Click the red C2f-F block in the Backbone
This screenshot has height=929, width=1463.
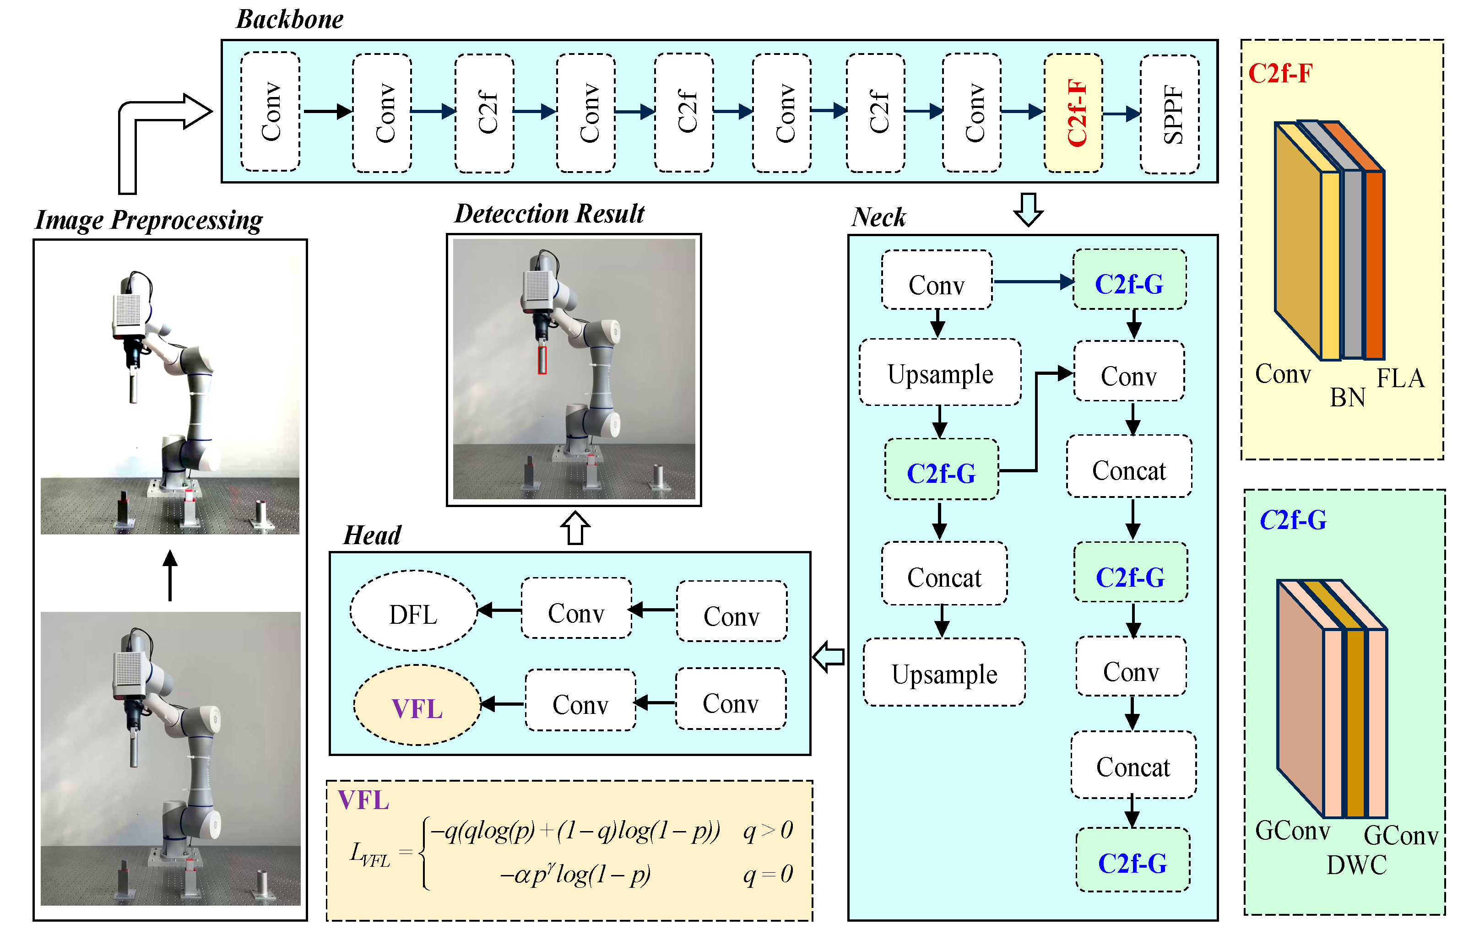[x=1073, y=113]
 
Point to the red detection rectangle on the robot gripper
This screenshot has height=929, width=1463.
[x=542, y=360]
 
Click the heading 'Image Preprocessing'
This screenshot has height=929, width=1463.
[x=149, y=220]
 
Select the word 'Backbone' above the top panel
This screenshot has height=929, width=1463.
[x=290, y=19]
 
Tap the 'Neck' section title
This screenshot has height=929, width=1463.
[x=878, y=217]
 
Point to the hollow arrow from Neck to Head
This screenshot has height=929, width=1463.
[x=829, y=657]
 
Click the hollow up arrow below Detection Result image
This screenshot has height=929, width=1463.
[x=575, y=527]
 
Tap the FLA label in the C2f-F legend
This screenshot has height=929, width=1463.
[x=1400, y=378]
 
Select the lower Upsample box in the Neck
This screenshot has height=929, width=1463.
[x=944, y=673]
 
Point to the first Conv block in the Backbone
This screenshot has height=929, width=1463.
[x=271, y=112]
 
